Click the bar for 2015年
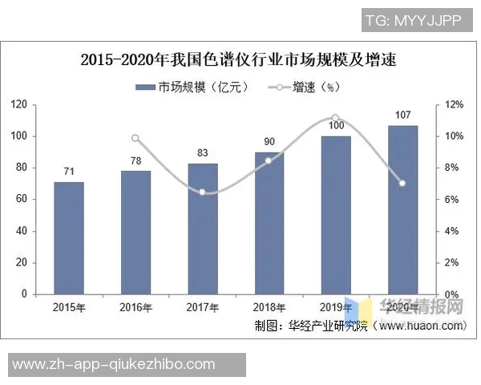click(x=69, y=238)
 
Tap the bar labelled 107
click(x=402, y=210)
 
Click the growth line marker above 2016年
click(x=135, y=138)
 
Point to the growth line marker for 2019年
click(x=336, y=118)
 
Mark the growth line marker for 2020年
click(x=402, y=184)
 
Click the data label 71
click(x=69, y=172)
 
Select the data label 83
click(x=203, y=152)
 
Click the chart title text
click(x=240, y=59)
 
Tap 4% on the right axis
click(x=452, y=231)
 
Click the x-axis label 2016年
click(x=136, y=307)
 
